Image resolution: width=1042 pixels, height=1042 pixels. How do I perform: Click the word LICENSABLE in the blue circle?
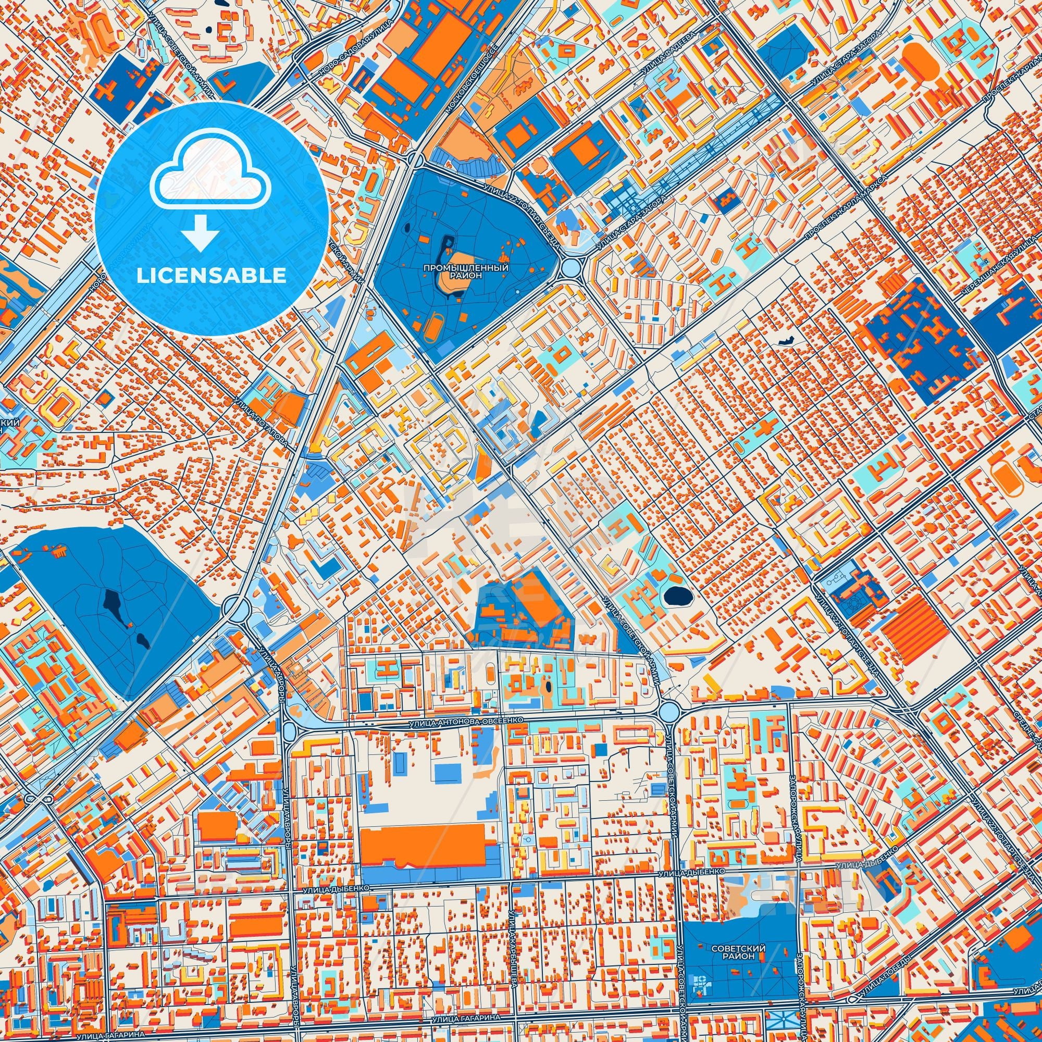(x=212, y=276)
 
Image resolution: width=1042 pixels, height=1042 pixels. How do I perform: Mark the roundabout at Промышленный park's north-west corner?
(x=415, y=159)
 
